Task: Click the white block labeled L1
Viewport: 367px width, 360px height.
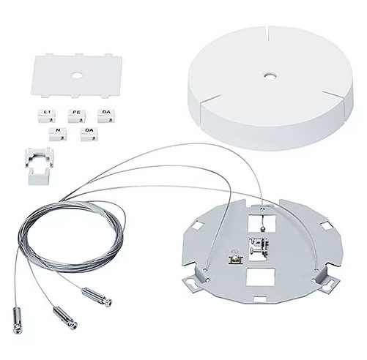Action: [x=48, y=113]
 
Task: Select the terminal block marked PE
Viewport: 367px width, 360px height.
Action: [x=76, y=114]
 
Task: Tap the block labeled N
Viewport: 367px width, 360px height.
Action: [x=56, y=133]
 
